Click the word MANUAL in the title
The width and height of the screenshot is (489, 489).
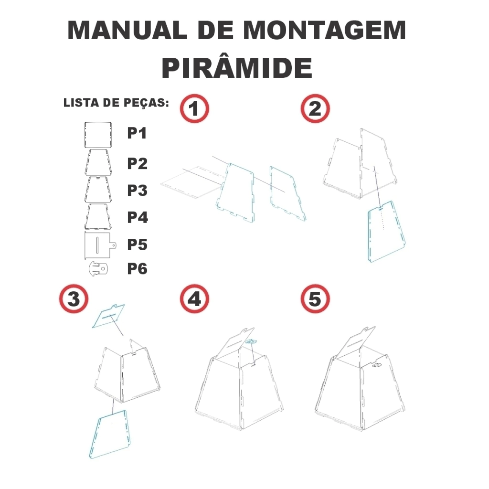pos(127,30)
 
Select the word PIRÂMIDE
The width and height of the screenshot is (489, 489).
pos(237,68)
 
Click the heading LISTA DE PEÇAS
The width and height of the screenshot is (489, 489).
pos(116,103)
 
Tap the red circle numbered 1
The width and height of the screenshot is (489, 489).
pos(194,108)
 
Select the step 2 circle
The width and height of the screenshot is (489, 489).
pos(315,108)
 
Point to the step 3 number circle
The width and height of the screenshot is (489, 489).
pos(74,299)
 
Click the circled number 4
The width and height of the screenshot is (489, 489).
pos(194,299)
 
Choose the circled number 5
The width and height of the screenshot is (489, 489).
pos(315,299)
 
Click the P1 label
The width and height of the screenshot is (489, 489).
pos(137,133)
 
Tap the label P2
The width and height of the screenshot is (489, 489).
pos(137,163)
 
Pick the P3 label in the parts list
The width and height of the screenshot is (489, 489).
pos(137,190)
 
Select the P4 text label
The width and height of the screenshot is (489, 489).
pos(138,217)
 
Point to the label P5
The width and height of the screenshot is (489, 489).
pos(137,244)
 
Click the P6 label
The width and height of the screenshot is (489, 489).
pos(137,269)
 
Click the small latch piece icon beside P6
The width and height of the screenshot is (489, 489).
pos(98,269)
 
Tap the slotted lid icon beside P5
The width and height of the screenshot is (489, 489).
pos(100,245)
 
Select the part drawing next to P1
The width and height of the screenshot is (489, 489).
pos(98,135)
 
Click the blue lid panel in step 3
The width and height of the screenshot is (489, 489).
pos(108,316)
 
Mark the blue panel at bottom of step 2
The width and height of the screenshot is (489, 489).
pos(386,231)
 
